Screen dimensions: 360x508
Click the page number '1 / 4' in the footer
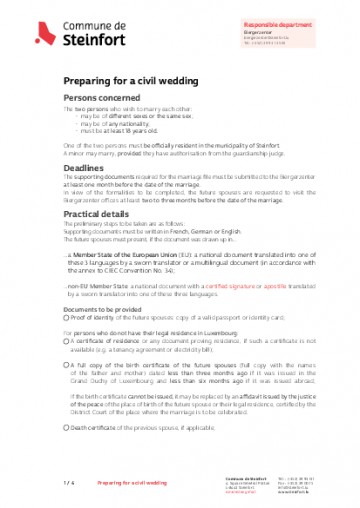(x=69, y=483)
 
